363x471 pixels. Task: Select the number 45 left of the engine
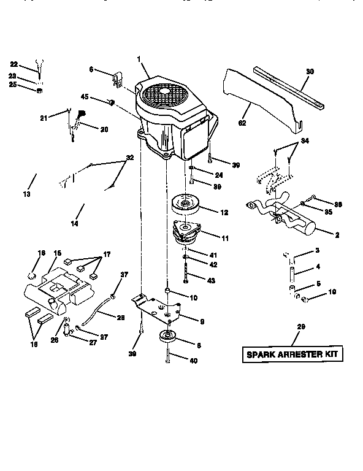point(85,96)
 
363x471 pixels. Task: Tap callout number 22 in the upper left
point(14,63)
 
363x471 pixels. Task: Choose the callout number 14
point(74,224)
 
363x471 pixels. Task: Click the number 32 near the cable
point(129,158)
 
